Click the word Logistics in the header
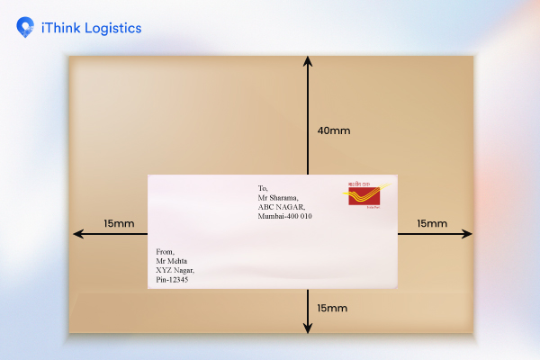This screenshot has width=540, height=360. (110, 28)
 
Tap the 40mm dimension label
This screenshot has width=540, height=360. (333, 130)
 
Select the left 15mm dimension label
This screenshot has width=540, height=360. (119, 223)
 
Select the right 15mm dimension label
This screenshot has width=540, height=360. (431, 223)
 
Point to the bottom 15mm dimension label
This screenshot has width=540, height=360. (332, 308)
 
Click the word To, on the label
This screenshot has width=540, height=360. (263, 187)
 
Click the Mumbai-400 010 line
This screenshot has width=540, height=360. (284, 217)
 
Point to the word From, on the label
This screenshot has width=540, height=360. (165, 251)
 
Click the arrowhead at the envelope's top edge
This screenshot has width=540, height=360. (309, 60)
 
